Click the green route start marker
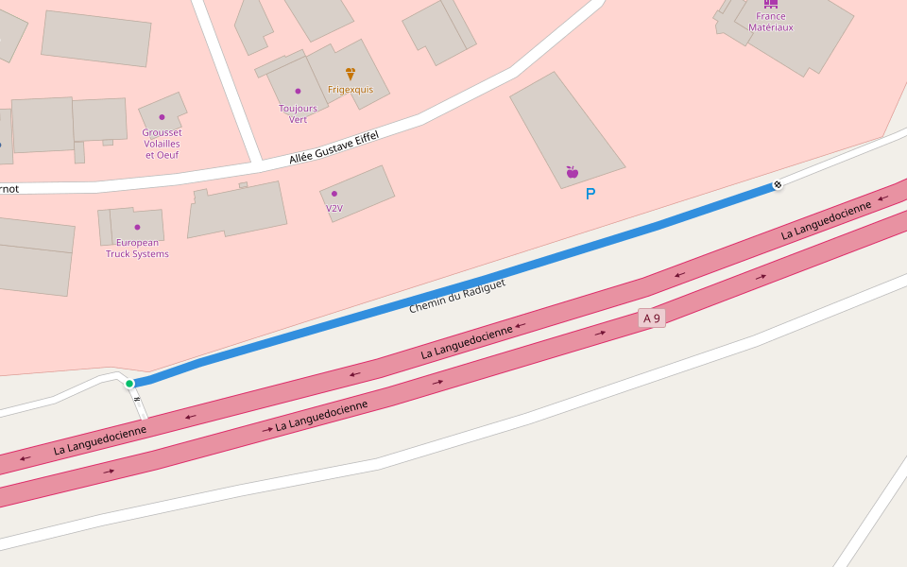click(129, 383)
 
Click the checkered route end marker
click(778, 184)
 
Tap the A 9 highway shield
click(652, 318)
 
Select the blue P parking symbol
click(590, 194)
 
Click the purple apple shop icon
click(572, 172)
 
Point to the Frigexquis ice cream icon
click(351, 74)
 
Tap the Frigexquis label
click(351, 90)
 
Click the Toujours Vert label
click(298, 113)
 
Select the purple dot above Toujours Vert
click(298, 92)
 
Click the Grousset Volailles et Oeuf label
click(162, 144)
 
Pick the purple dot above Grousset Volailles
click(162, 117)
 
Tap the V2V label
click(334, 208)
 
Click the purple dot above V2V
click(334, 194)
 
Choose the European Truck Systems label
click(137, 249)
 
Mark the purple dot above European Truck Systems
click(137, 227)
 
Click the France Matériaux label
click(771, 22)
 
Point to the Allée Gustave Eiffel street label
click(334, 148)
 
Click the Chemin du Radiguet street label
click(457, 296)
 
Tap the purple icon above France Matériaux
click(771, 4)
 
